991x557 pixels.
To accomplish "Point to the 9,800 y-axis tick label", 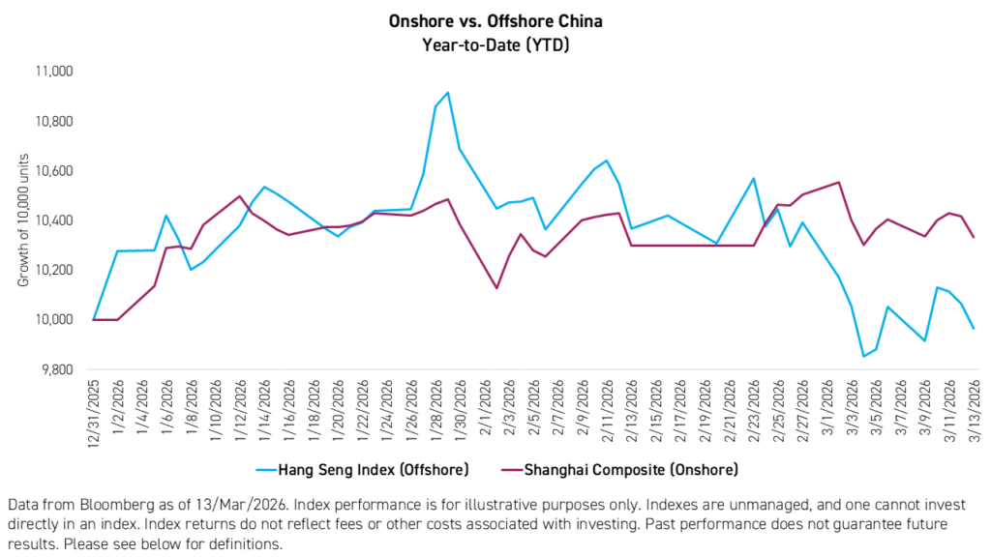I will (60, 369).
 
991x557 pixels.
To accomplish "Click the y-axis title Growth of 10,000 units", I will (23, 220).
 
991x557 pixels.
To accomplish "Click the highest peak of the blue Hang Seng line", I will (446, 93).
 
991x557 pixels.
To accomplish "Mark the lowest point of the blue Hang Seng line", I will (863, 357).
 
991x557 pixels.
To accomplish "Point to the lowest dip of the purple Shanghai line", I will (496, 288).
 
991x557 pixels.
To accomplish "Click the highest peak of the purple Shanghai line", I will (838, 182).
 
